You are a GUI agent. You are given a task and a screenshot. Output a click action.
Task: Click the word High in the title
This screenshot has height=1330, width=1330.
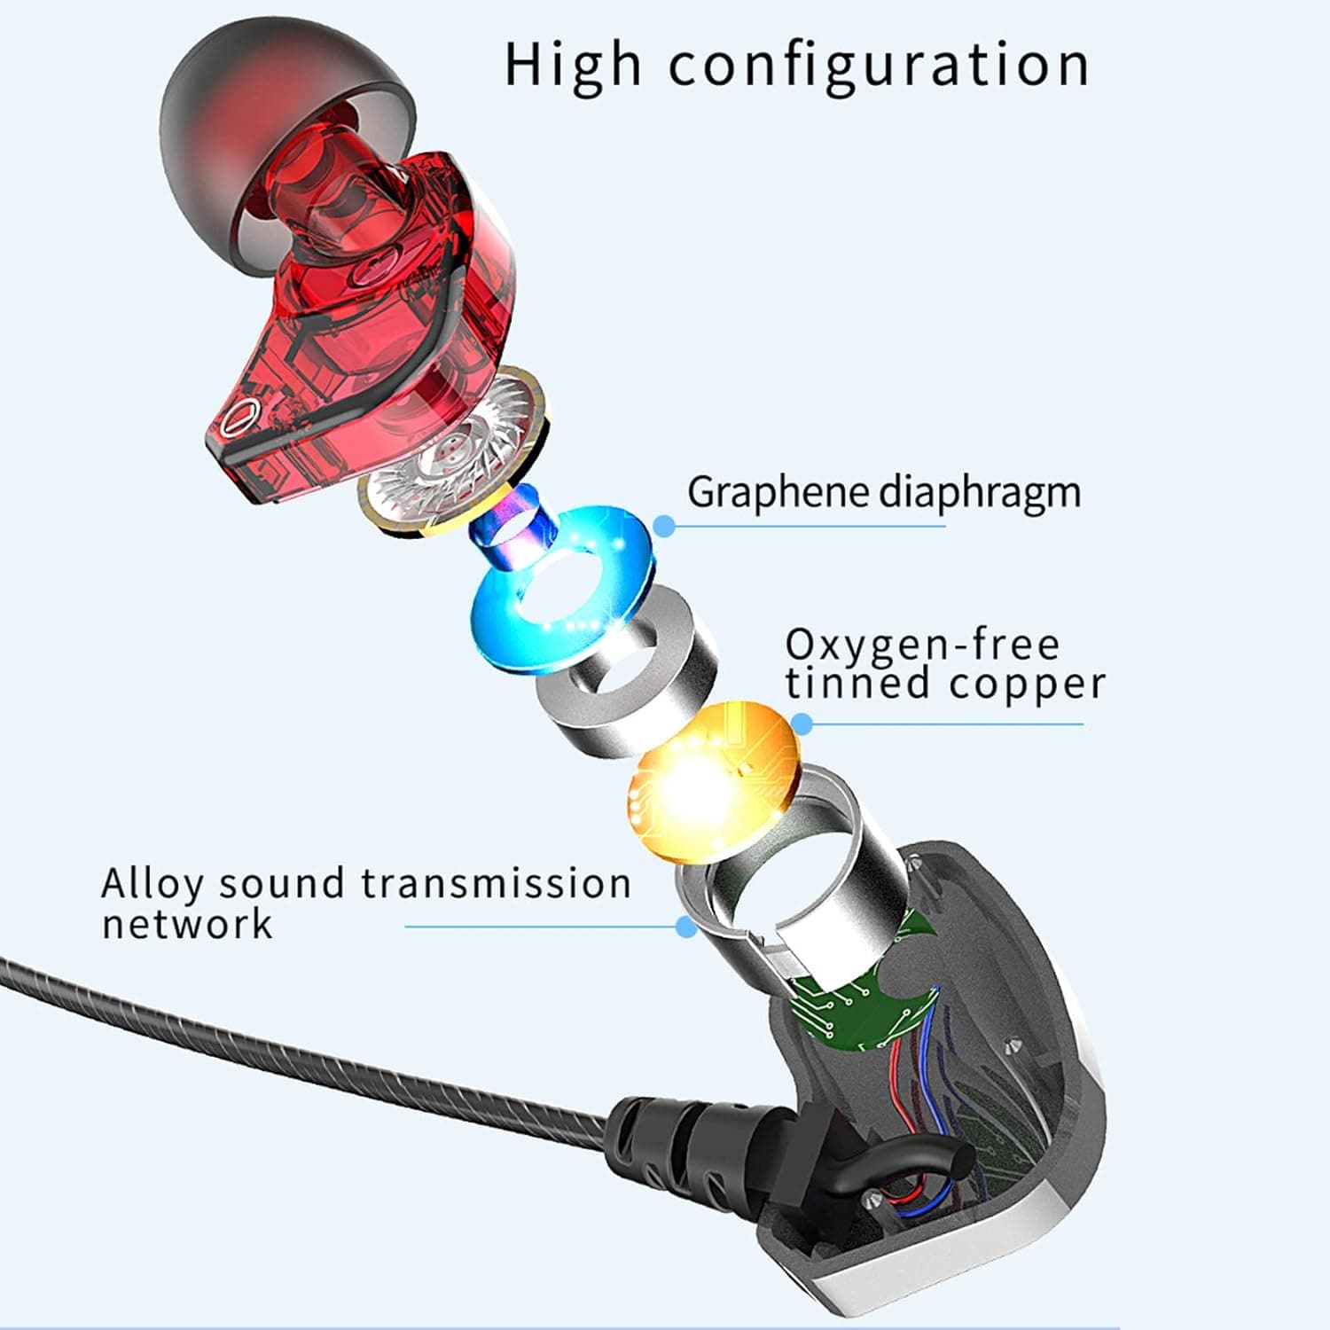pyautogui.click(x=572, y=65)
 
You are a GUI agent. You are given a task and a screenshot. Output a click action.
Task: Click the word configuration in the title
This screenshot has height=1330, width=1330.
pyautogui.click(x=879, y=65)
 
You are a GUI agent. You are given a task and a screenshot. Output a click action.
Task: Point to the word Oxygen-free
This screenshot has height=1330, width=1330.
pyautogui.click(x=922, y=645)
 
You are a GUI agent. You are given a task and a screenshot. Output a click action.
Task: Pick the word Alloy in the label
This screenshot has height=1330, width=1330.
pyautogui.click(x=153, y=885)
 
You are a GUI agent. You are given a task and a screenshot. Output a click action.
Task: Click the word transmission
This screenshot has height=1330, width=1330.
pyautogui.click(x=497, y=883)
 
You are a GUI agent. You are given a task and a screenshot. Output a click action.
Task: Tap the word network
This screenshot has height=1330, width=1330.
pyautogui.click(x=187, y=923)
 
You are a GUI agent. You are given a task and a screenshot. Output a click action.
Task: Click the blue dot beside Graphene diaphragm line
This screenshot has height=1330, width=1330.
pyautogui.click(x=664, y=526)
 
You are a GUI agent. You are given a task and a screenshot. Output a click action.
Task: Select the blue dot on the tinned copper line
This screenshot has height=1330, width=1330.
pyautogui.click(x=802, y=724)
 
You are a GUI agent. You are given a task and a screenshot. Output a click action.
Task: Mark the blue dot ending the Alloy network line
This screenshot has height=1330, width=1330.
pyautogui.click(x=685, y=927)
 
